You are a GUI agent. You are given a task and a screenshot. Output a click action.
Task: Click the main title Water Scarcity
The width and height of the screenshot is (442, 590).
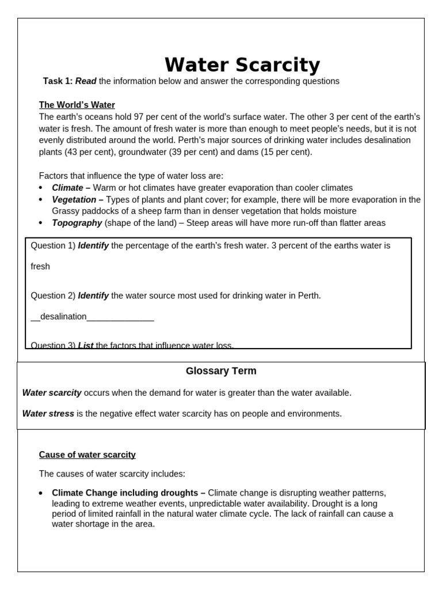pyautogui.click(x=242, y=65)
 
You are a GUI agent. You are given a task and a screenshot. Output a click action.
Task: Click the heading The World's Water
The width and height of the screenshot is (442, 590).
pyautogui.click(x=77, y=105)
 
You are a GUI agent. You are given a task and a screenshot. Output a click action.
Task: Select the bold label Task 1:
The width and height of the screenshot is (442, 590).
pyautogui.click(x=58, y=81)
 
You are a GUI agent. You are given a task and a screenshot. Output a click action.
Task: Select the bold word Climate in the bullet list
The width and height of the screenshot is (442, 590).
pyautogui.click(x=67, y=188)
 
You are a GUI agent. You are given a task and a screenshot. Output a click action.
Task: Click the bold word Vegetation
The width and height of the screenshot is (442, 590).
pyautogui.click(x=74, y=199)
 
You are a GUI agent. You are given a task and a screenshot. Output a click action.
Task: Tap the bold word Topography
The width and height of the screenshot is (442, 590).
pyautogui.click(x=77, y=223)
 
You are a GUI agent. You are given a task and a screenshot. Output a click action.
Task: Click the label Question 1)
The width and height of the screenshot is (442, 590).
pyautogui.click(x=53, y=245)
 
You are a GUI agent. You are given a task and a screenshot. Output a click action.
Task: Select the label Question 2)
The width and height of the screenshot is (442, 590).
pyautogui.click(x=53, y=296)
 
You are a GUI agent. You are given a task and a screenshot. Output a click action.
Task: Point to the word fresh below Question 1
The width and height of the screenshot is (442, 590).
pyautogui.click(x=40, y=266)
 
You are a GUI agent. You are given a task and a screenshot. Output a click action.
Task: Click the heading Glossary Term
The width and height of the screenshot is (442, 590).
pyautogui.click(x=221, y=371)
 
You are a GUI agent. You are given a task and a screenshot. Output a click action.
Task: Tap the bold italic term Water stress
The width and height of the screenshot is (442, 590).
pyautogui.click(x=48, y=414)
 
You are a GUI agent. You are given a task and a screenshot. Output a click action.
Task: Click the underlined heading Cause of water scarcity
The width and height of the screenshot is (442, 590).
pyautogui.click(x=87, y=455)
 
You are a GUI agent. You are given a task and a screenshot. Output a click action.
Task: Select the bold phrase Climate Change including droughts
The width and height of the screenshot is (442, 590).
pyautogui.click(x=128, y=493)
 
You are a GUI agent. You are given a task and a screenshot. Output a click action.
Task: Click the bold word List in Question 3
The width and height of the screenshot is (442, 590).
pyautogui.click(x=86, y=345)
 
